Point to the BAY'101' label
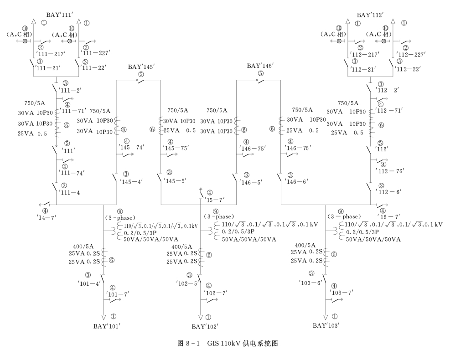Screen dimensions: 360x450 107,326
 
